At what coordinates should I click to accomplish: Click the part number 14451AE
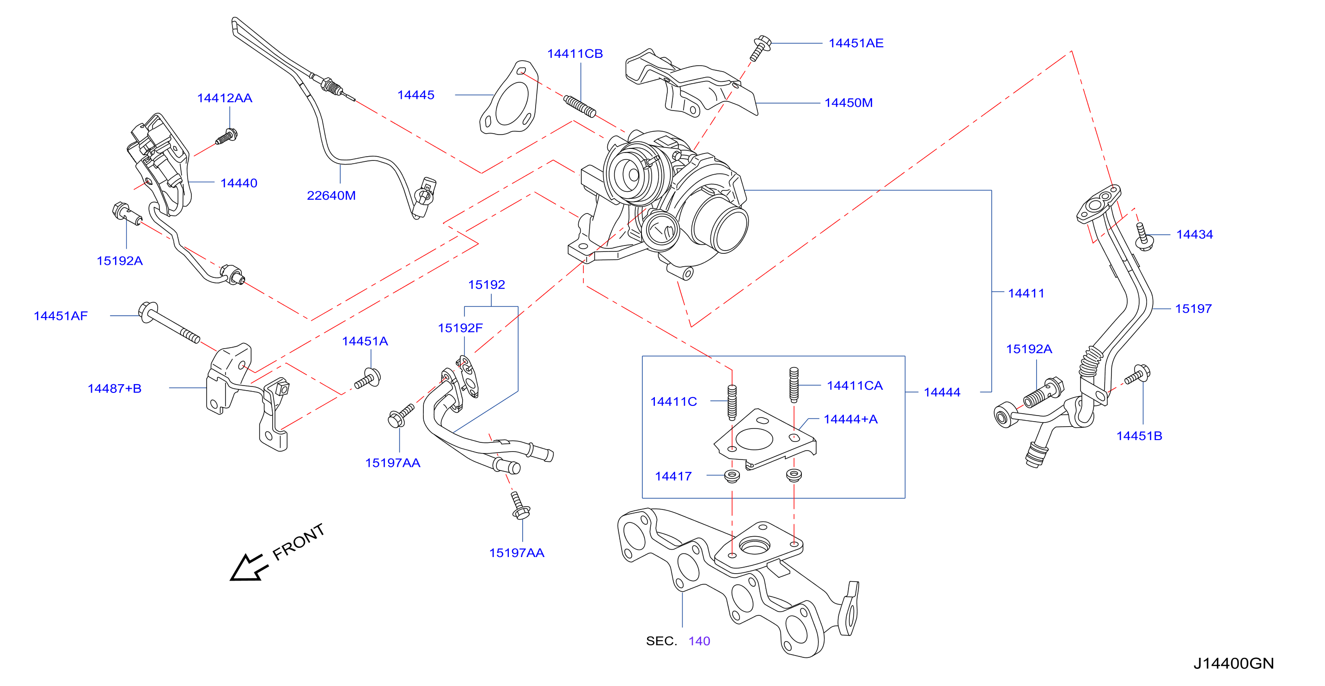coord(856,43)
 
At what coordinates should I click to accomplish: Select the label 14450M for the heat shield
coord(849,103)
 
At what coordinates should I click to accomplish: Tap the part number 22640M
coord(331,196)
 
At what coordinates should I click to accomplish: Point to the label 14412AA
coord(225,98)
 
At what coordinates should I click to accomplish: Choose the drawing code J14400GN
coord(1233,663)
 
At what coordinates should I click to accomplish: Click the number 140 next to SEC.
coord(700,641)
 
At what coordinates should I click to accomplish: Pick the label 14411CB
coord(575,54)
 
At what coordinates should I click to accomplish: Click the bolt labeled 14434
coord(1143,237)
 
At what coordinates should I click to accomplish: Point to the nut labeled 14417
coord(732,476)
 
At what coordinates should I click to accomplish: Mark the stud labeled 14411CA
coord(794,385)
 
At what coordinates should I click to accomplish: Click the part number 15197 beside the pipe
coord(1193,309)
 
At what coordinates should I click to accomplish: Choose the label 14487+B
coord(115,389)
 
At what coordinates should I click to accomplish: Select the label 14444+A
coord(851,419)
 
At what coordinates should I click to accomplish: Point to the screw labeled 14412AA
coord(226,136)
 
